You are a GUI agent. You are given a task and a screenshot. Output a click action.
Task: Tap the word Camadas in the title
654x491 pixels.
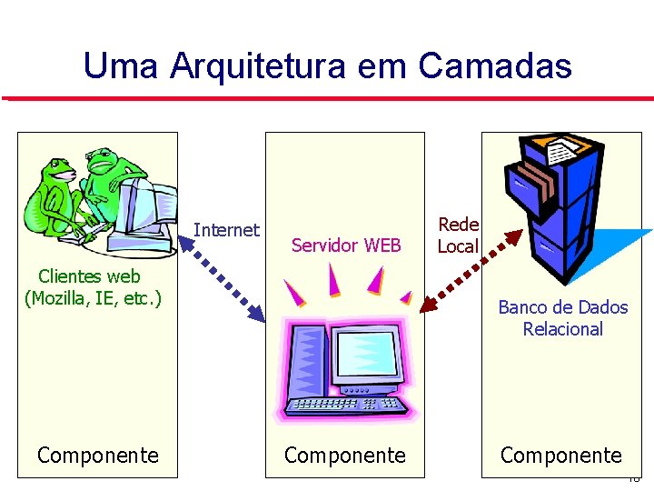(x=495, y=65)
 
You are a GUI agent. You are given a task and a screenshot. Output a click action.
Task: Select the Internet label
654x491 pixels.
(x=226, y=230)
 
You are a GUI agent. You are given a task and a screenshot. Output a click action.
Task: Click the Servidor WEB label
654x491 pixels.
(x=346, y=245)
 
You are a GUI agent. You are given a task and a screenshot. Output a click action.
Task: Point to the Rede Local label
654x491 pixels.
(x=458, y=235)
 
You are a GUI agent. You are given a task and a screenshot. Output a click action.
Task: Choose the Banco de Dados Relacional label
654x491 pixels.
(x=562, y=318)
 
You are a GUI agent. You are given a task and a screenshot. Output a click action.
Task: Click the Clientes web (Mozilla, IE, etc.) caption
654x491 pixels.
(x=93, y=286)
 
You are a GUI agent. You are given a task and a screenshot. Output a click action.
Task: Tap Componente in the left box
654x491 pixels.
(x=98, y=455)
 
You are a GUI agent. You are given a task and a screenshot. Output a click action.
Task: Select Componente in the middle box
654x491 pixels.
(x=345, y=455)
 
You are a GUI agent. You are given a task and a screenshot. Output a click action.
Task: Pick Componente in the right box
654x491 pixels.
(x=561, y=455)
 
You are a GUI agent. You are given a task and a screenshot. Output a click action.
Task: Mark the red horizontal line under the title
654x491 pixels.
(x=327, y=97)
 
